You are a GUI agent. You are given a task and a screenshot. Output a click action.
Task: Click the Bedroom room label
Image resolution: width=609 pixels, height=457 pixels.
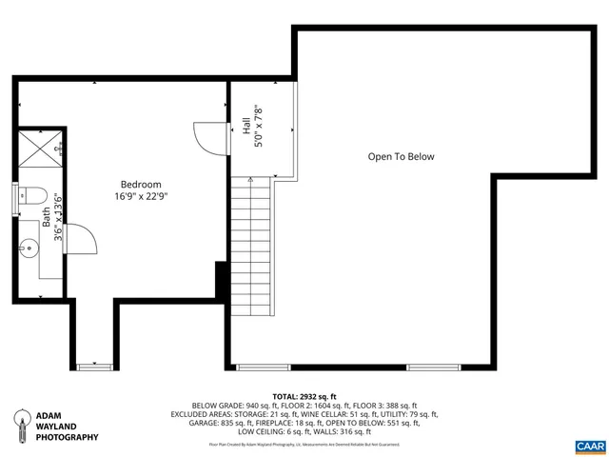[141, 184]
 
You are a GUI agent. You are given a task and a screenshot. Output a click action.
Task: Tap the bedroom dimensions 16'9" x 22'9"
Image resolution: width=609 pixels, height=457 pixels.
[141, 196]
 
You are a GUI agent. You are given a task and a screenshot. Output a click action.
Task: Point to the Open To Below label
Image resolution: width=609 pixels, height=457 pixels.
[401, 157]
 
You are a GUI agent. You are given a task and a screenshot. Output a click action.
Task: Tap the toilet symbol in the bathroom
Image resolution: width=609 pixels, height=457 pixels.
[33, 197]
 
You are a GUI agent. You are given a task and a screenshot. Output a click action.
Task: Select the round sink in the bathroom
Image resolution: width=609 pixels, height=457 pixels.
[27, 246]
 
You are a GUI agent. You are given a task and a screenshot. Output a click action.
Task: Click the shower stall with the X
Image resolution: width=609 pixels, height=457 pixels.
[41, 148]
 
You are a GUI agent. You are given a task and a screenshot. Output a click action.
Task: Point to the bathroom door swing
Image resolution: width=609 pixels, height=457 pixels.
[78, 238]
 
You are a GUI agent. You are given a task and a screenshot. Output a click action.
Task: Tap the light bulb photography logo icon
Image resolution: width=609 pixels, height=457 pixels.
[18, 426]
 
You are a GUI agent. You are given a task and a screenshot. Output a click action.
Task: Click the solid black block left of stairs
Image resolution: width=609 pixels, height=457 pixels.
[222, 279]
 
